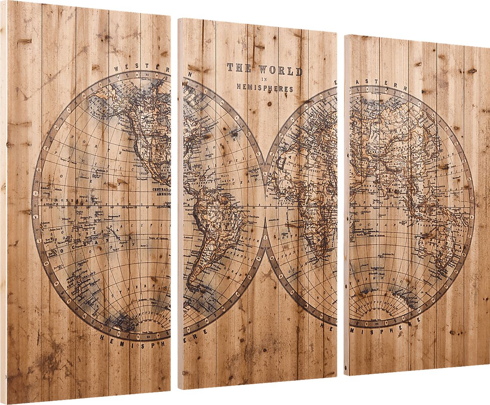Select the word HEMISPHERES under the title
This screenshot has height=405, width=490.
coord(265,88)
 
